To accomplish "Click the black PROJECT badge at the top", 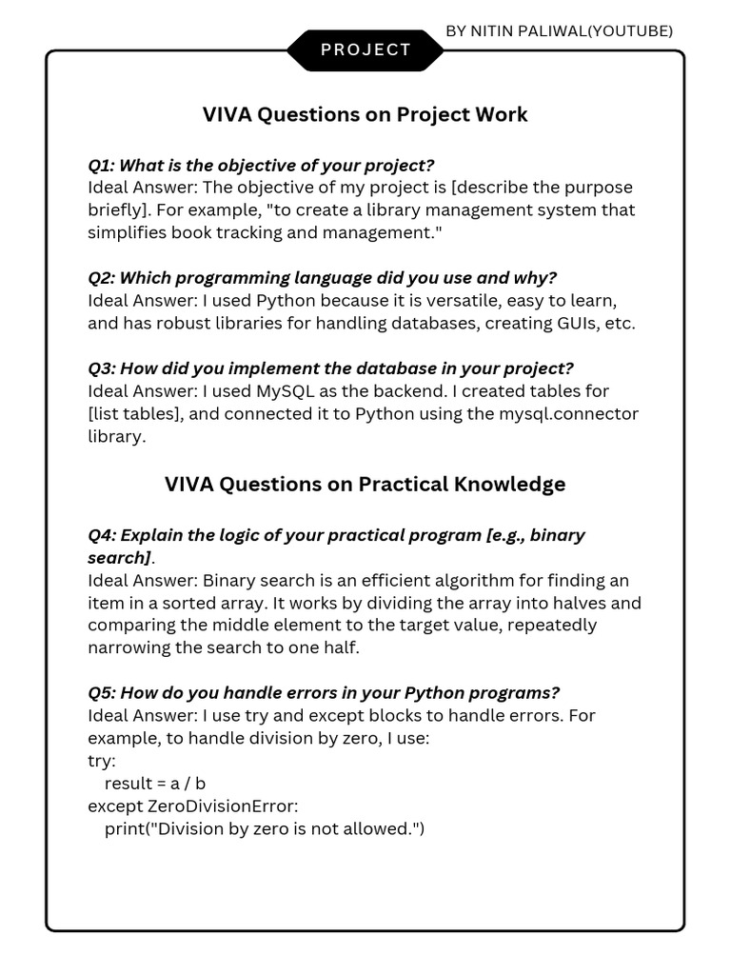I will (x=365, y=50).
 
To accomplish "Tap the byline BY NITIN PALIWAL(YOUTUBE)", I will (x=559, y=30).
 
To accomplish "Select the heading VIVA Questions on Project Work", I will (x=365, y=115).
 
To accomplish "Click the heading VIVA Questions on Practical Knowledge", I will (x=365, y=484).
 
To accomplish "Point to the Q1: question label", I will (x=101, y=165).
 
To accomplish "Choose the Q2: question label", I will (x=102, y=278).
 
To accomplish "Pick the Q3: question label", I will (x=102, y=368).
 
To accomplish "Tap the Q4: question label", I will (x=102, y=535).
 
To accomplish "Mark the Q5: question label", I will (x=102, y=692).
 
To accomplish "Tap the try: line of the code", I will (x=102, y=761).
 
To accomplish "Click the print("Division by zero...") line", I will (x=265, y=829).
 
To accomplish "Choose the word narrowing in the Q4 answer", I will (x=129, y=648).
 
